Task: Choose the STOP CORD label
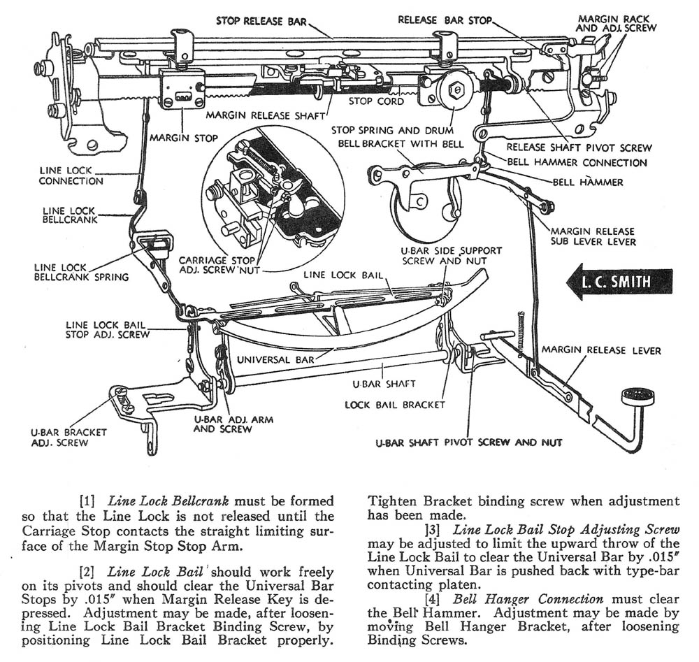pos(376,101)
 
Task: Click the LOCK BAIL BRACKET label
pos(394,405)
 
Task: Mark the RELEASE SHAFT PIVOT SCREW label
pos(579,147)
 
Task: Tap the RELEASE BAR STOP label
pos(445,20)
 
